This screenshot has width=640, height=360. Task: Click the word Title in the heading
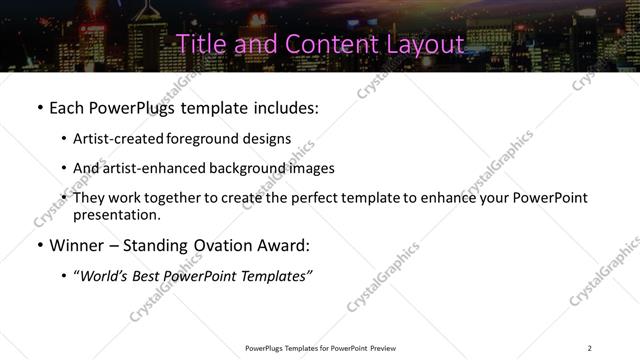coord(198,44)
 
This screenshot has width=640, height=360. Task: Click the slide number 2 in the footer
coord(589,348)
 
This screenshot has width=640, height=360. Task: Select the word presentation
coord(116,215)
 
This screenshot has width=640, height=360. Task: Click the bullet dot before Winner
coord(39,245)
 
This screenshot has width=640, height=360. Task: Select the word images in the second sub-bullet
coord(309,168)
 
